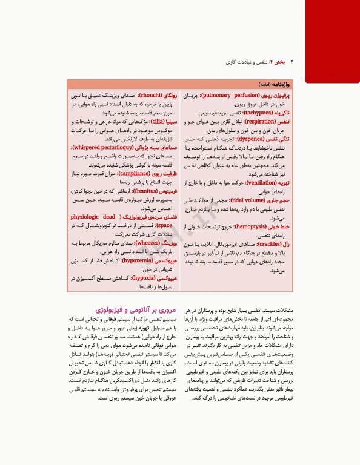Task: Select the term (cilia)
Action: tap(155, 121)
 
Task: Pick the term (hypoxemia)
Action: tap(135, 259)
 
